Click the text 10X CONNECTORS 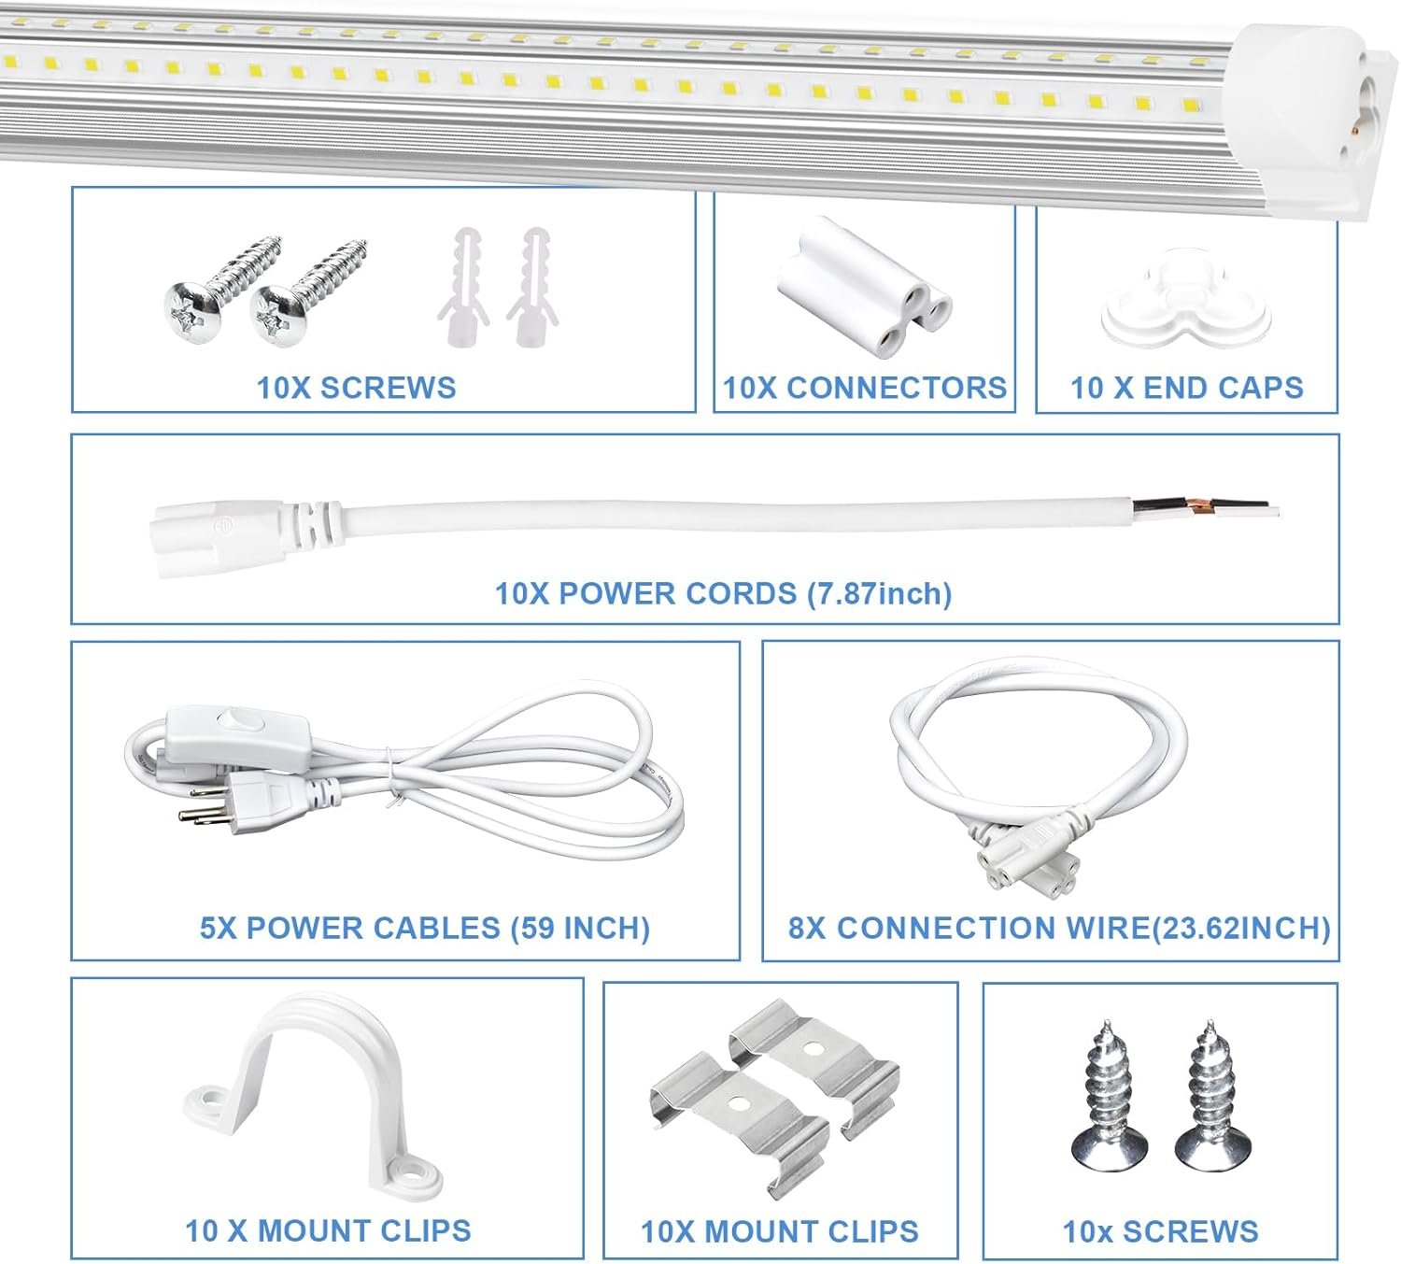click(x=865, y=388)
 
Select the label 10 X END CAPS click(x=1186, y=388)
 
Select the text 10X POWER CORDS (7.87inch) click(x=723, y=594)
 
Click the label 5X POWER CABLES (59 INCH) click(x=425, y=928)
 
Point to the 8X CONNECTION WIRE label click(x=1059, y=928)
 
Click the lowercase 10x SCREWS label click(x=1160, y=1231)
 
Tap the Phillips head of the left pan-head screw click(x=192, y=313)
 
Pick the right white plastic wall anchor click(x=533, y=287)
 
